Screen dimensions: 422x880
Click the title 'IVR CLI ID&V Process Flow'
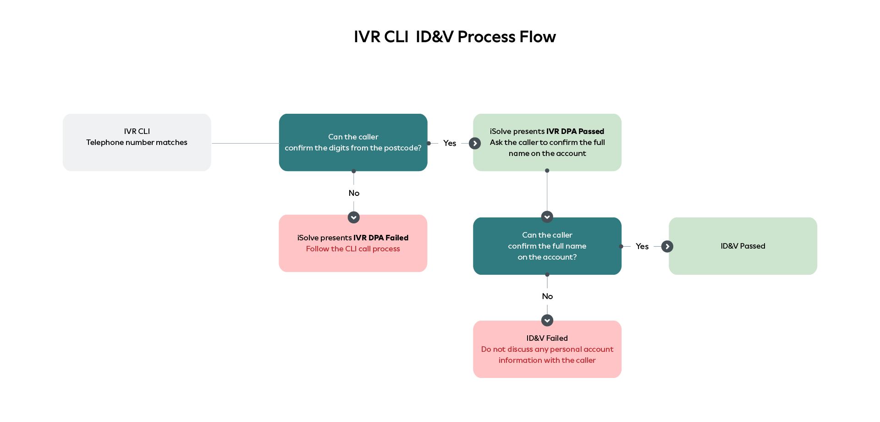tap(455, 37)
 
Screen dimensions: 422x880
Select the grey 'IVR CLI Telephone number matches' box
tap(137, 142)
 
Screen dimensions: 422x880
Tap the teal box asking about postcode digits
tap(353, 142)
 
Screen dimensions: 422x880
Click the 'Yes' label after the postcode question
tap(450, 143)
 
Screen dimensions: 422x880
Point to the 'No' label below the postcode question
tap(354, 193)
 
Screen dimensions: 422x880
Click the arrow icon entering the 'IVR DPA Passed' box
tap(475, 144)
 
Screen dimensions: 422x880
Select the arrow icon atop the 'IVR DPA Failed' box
tap(353, 217)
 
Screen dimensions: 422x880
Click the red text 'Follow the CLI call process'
tap(353, 249)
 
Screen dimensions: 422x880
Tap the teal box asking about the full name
tap(547, 246)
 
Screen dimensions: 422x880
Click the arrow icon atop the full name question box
tap(547, 217)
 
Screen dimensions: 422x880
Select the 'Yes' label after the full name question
tap(642, 246)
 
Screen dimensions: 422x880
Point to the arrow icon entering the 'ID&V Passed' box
tap(667, 246)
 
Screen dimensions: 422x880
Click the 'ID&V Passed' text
tap(743, 246)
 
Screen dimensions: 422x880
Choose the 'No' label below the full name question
tap(547, 296)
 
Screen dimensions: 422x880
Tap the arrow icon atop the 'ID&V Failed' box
tap(547, 320)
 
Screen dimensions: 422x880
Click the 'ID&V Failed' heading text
tap(547, 338)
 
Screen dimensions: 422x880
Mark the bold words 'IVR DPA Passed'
tap(575, 131)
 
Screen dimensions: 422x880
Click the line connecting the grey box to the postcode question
tap(245, 143)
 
